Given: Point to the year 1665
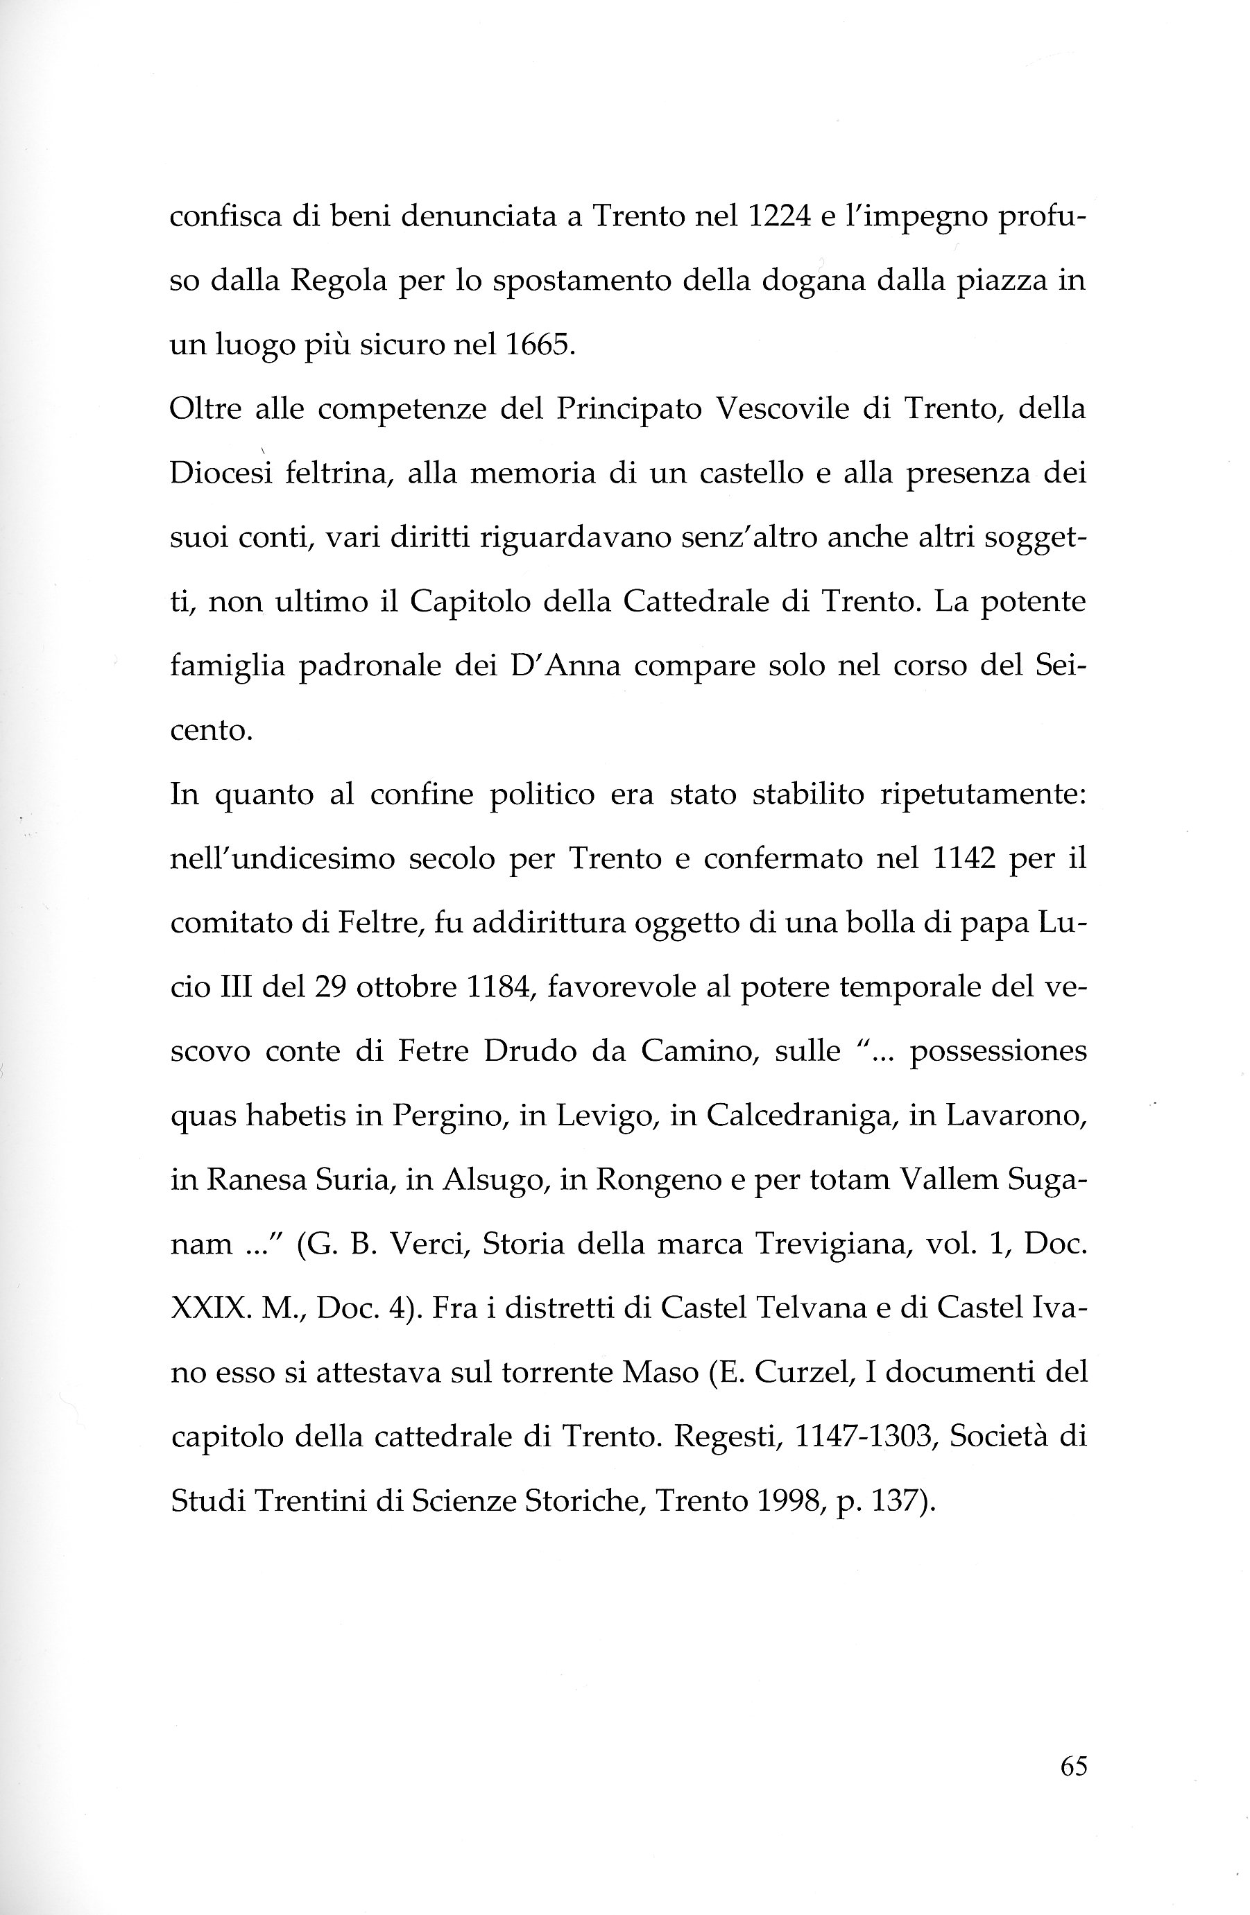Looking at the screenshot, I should [x=538, y=345].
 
